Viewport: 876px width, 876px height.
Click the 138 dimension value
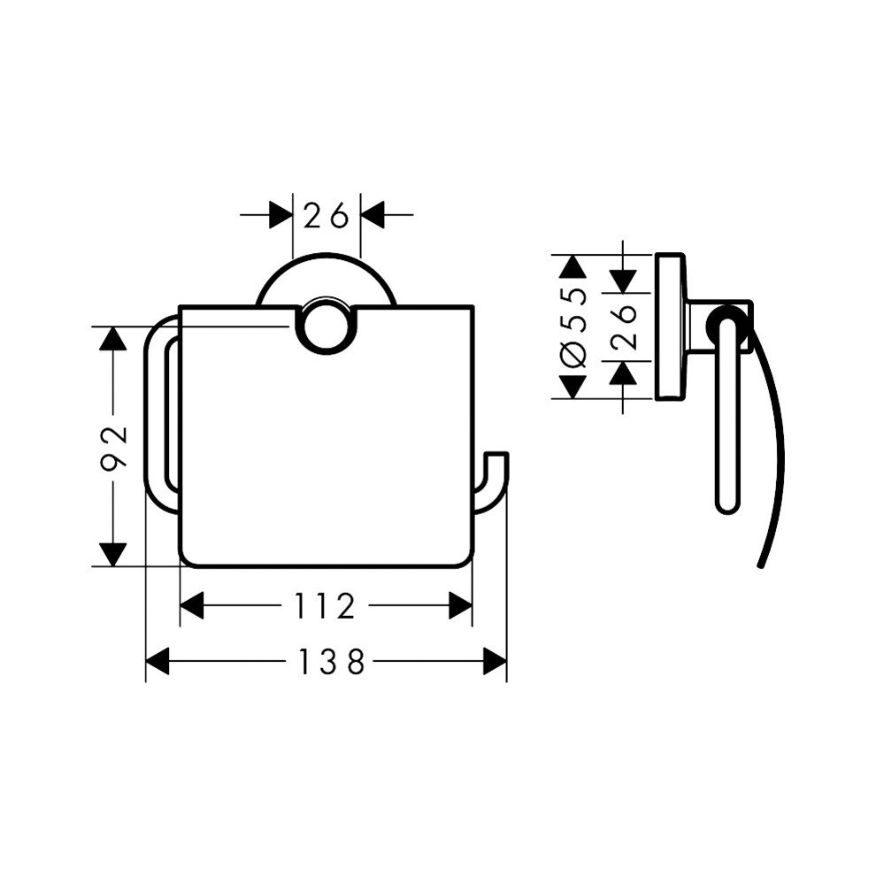[x=332, y=662]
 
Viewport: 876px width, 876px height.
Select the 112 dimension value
[x=325, y=605]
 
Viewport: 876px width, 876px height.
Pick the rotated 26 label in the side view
[x=624, y=327]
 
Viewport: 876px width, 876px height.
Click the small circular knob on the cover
[x=327, y=331]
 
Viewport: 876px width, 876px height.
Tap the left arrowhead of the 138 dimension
[x=157, y=662]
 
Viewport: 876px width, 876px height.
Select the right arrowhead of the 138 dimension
[x=495, y=662]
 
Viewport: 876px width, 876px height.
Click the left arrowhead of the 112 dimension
[x=192, y=605]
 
